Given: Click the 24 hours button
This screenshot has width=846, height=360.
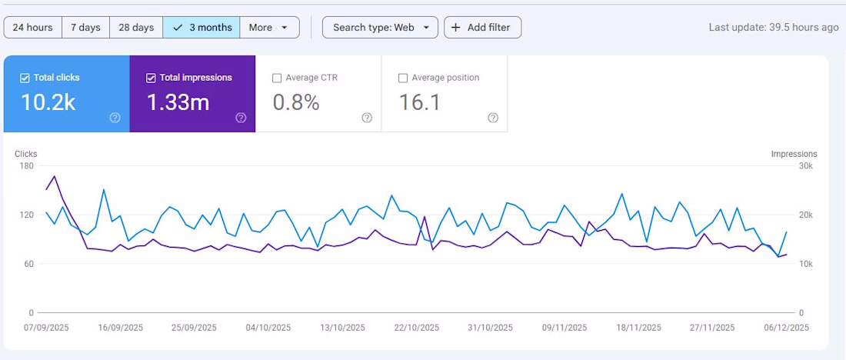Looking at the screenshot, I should (32, 28).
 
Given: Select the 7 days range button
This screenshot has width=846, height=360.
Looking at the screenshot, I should (85, 28).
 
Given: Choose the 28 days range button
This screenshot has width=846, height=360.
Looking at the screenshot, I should (135, 28).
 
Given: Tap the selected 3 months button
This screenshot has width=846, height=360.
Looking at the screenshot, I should (202, 28).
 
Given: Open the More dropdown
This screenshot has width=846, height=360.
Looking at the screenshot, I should (269, 28).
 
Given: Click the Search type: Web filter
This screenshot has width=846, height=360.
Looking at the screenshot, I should (380, 28).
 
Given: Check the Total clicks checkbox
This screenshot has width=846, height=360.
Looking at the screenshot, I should (25, 78).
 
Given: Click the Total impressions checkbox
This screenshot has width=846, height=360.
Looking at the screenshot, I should (151, 78).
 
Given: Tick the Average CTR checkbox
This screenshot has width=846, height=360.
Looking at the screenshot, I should (277, 78).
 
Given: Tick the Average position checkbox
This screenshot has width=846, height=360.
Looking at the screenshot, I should (403, 78).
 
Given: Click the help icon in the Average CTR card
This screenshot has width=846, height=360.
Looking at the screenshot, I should (367, 118).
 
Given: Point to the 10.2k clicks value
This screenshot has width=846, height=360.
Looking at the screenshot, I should (48, 102).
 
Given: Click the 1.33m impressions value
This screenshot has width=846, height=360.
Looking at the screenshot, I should (178, 102).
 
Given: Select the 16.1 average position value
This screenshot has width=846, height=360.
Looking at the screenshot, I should (420, 102).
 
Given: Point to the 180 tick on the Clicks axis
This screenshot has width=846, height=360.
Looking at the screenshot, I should (25, 165).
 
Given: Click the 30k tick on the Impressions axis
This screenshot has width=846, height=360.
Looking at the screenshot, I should (805, 165).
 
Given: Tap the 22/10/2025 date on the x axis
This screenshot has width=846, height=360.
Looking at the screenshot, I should (416, 327).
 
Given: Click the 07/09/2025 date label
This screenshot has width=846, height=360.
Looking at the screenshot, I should (46, 327).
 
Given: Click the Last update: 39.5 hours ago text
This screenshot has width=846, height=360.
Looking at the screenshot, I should (774, 28).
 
